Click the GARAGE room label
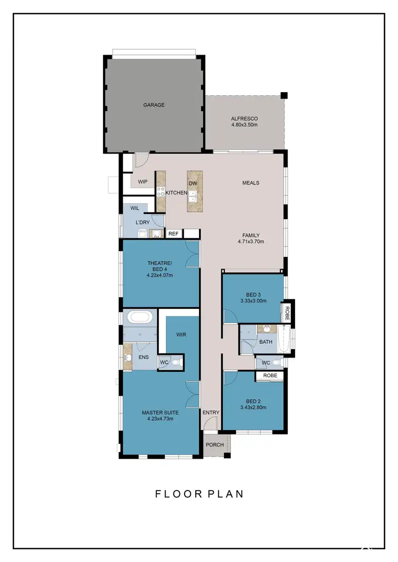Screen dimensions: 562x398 coord(154,105)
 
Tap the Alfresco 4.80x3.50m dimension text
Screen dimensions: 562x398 coord(244,125)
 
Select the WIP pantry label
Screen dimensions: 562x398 coord(142,182)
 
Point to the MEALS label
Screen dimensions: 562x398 coord(250,183)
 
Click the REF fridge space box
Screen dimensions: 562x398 coord(173,233)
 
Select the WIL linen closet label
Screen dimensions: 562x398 coord(135,208)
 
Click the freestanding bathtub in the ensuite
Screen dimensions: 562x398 coord(140,318)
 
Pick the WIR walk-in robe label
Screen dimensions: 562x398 coord(181,335)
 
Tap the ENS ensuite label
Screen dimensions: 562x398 coord(143,358)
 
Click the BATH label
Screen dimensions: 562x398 coord(265,342)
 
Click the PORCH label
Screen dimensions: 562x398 coord(215,444)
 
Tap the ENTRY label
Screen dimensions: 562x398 coord(211,412)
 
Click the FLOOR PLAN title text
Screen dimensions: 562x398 coord(199,494)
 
